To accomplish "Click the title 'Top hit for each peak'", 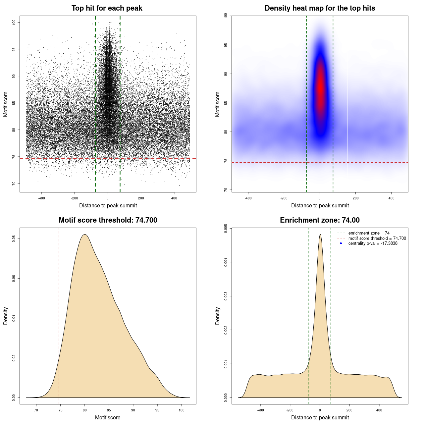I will coord(107,8).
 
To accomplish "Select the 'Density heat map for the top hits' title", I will coord(320,8).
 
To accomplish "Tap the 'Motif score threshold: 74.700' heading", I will coord(108,220).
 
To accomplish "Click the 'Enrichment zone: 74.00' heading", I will coord(320,220).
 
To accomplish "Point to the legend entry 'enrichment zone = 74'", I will coord(369,233).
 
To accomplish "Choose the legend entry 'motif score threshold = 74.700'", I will coord(377,238).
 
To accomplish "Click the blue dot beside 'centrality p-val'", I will coord(341,243).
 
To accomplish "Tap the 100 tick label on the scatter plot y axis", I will coord(14,22).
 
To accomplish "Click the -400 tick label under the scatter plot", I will coord(41,198).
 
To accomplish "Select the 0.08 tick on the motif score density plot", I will coord(14,238).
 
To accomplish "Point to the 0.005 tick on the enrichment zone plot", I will coord(226,228).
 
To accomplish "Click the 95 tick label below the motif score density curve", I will coord(157,410).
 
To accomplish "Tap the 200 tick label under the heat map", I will coord(355,198).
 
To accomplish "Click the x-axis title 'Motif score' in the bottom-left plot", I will coord(108,417).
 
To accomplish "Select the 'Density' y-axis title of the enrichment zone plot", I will coord(218,316).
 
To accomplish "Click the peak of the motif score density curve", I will coord(85,235).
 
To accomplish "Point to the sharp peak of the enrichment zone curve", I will coord(320,235).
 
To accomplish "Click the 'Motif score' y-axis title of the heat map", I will coord(218,104).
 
